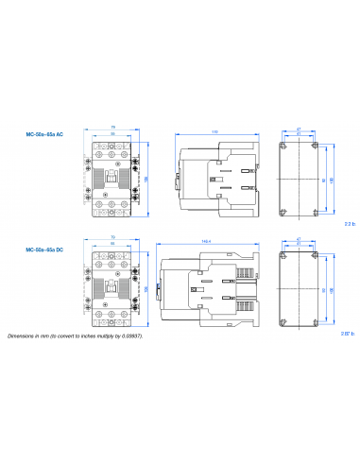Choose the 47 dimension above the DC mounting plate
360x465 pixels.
click(299, 238)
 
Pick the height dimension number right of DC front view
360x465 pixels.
click(145, 287)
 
